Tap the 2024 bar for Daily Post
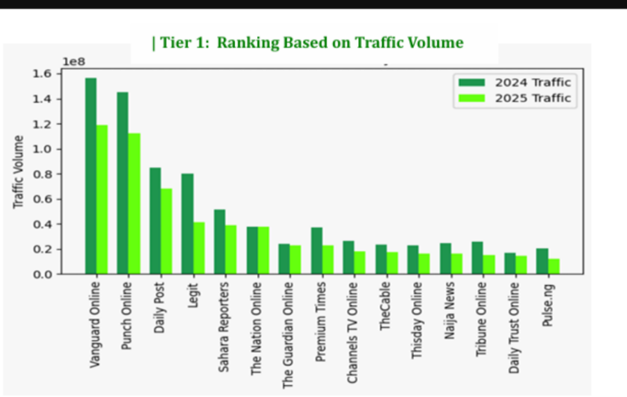(156, 221)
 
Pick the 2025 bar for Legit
(198, 248)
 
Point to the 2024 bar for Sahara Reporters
(219, 242)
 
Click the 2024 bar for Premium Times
(317, 251)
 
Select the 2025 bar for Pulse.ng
(554, 267)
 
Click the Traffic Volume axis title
(18, 172)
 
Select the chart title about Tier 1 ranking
(307, 43)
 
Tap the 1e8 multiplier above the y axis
(73, 62)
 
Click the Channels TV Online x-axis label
(352, 332)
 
